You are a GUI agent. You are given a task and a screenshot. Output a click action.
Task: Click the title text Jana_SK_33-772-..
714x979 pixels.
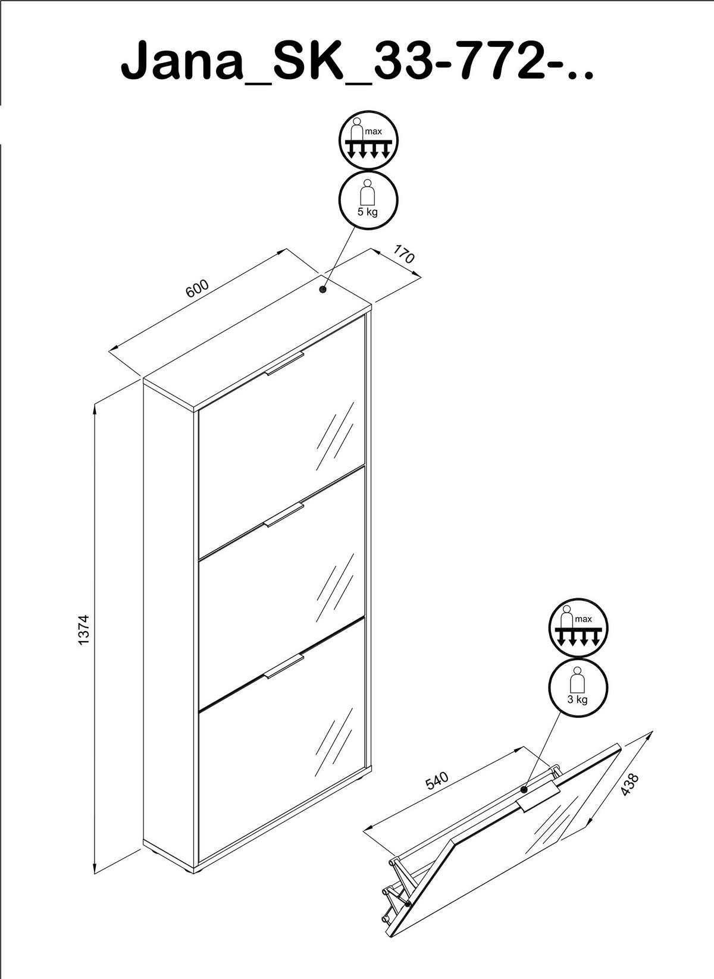357,61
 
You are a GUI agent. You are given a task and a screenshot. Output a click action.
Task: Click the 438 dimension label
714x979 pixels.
629,785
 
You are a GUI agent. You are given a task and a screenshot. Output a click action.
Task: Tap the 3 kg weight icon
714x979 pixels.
578,688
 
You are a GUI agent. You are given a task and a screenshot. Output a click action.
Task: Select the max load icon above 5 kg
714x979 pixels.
368,140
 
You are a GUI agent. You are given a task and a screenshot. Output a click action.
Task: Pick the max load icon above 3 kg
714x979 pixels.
578,628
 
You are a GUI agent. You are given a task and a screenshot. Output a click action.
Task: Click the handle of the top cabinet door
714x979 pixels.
284,364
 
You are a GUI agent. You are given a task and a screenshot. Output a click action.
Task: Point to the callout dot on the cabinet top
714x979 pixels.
323,290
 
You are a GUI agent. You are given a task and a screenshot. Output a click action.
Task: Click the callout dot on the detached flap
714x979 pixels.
524,790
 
